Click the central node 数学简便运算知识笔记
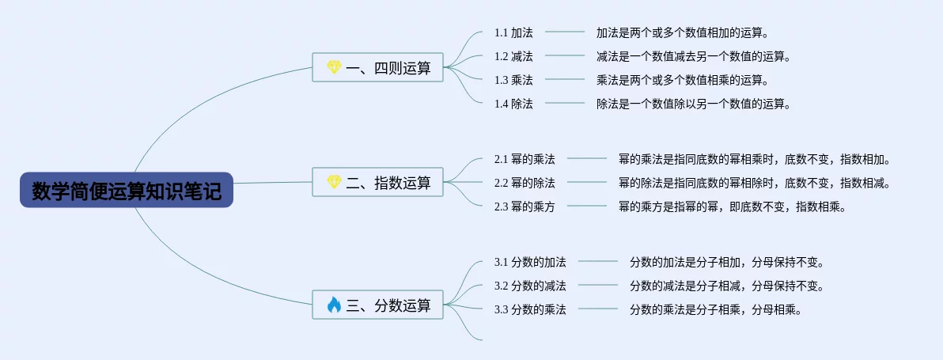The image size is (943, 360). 127,191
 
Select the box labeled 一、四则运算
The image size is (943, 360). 377,67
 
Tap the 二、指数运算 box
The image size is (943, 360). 377,182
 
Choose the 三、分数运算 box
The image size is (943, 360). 377,305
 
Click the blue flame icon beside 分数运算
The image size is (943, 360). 334,305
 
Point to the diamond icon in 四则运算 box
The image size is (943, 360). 334,67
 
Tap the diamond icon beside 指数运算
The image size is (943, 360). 334,182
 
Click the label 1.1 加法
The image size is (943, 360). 513,32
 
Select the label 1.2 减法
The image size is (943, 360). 513,56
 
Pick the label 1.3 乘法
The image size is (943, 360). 513,80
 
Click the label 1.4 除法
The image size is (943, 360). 513,104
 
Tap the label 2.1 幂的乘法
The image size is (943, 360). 525,159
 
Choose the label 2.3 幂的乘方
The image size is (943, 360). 525,207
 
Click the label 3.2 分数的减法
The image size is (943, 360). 530,286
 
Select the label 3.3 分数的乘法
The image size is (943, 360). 530,310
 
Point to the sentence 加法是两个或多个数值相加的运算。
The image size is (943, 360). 683,32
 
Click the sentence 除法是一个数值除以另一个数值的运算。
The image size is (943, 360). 694,104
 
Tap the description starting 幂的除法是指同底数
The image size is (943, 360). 754,183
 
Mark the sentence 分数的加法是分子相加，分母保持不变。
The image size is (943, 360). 726,263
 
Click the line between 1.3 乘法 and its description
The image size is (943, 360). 564,79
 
